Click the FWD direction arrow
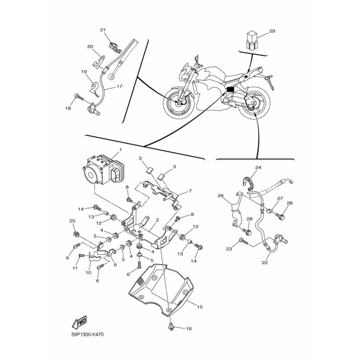click(x=79, y=322)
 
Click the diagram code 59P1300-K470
click(x=87, y=334)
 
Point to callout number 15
click(x=200, y=307)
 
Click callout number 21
click(x=103, y=30)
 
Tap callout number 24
click(x=258, y=167)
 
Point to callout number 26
click(x=220, y=196)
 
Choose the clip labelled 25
click(x=75, y=234)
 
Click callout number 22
click(x=265, y=262)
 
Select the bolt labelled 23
click(x=243, y=241)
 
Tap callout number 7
click(x=190, y=191)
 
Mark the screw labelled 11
click(x=82, y=255)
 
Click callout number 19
click(x=84, y=72)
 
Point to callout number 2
click(x=157, y=220)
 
